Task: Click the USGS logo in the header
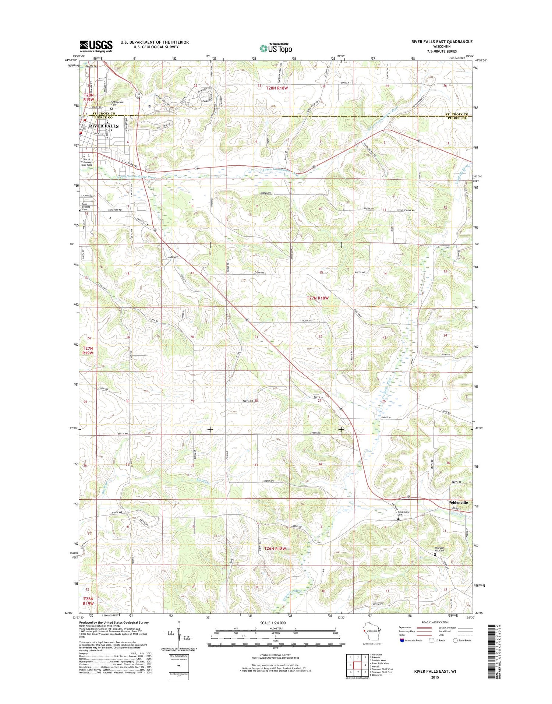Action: [x=96, y=46]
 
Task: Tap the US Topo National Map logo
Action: [x=276, y=47]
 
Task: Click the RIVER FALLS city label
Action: [x=104, y=126]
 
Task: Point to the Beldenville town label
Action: [x=458, y=502]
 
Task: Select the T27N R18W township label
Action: [x=317, y=298]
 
